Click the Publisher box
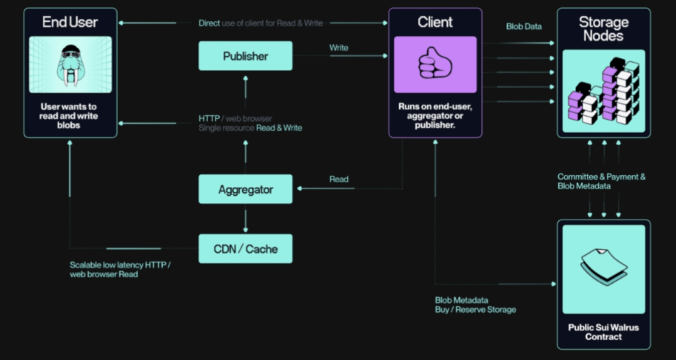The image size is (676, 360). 245,56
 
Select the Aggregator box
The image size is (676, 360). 245,189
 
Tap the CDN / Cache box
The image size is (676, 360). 245,249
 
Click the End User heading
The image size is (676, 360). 70,23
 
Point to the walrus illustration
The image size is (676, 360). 70,64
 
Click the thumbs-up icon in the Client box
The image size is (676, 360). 435,64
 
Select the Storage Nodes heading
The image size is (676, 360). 603,29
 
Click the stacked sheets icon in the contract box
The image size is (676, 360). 603,265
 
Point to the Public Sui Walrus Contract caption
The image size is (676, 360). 603,332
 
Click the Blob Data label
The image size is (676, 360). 524,27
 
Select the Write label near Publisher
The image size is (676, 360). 339,48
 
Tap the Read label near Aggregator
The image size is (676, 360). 339,180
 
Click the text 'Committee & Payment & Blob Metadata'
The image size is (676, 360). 601,182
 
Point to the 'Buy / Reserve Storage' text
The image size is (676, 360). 475,310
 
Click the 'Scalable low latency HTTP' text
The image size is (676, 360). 120,265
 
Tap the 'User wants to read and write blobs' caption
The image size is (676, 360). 69,116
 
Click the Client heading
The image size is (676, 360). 435,23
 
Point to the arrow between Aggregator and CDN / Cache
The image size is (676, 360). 245,219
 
